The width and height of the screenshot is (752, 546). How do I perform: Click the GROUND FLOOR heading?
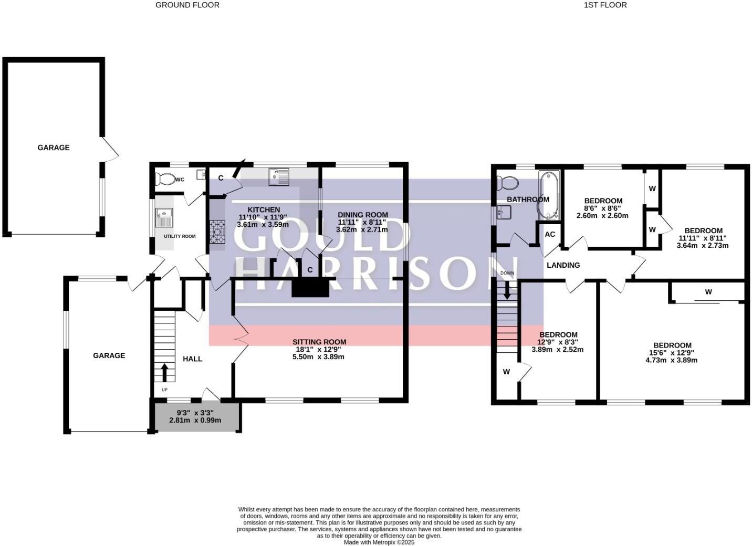(187, 5)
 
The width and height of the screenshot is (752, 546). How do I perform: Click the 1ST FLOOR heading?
(605, 5)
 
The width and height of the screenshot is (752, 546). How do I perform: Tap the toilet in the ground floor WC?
(165, 180)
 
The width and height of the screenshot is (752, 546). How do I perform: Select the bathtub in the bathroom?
(549, 195)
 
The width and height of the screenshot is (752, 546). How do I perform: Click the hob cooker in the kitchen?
(217, 232)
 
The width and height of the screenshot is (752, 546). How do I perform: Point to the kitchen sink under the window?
(279, 176)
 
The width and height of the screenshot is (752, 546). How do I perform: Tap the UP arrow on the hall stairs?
(164, 372)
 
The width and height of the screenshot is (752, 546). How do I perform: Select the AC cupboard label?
(550, 234)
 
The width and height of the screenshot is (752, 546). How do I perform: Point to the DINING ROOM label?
(362, 214)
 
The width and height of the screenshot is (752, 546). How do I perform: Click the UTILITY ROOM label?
(180, 236)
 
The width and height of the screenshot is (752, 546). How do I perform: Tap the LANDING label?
(563, 265)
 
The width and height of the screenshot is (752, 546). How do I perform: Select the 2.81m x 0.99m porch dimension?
(195, 420)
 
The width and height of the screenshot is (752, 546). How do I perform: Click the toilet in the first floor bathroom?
(508, 183)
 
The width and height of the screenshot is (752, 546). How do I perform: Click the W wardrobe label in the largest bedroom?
(708, 292)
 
